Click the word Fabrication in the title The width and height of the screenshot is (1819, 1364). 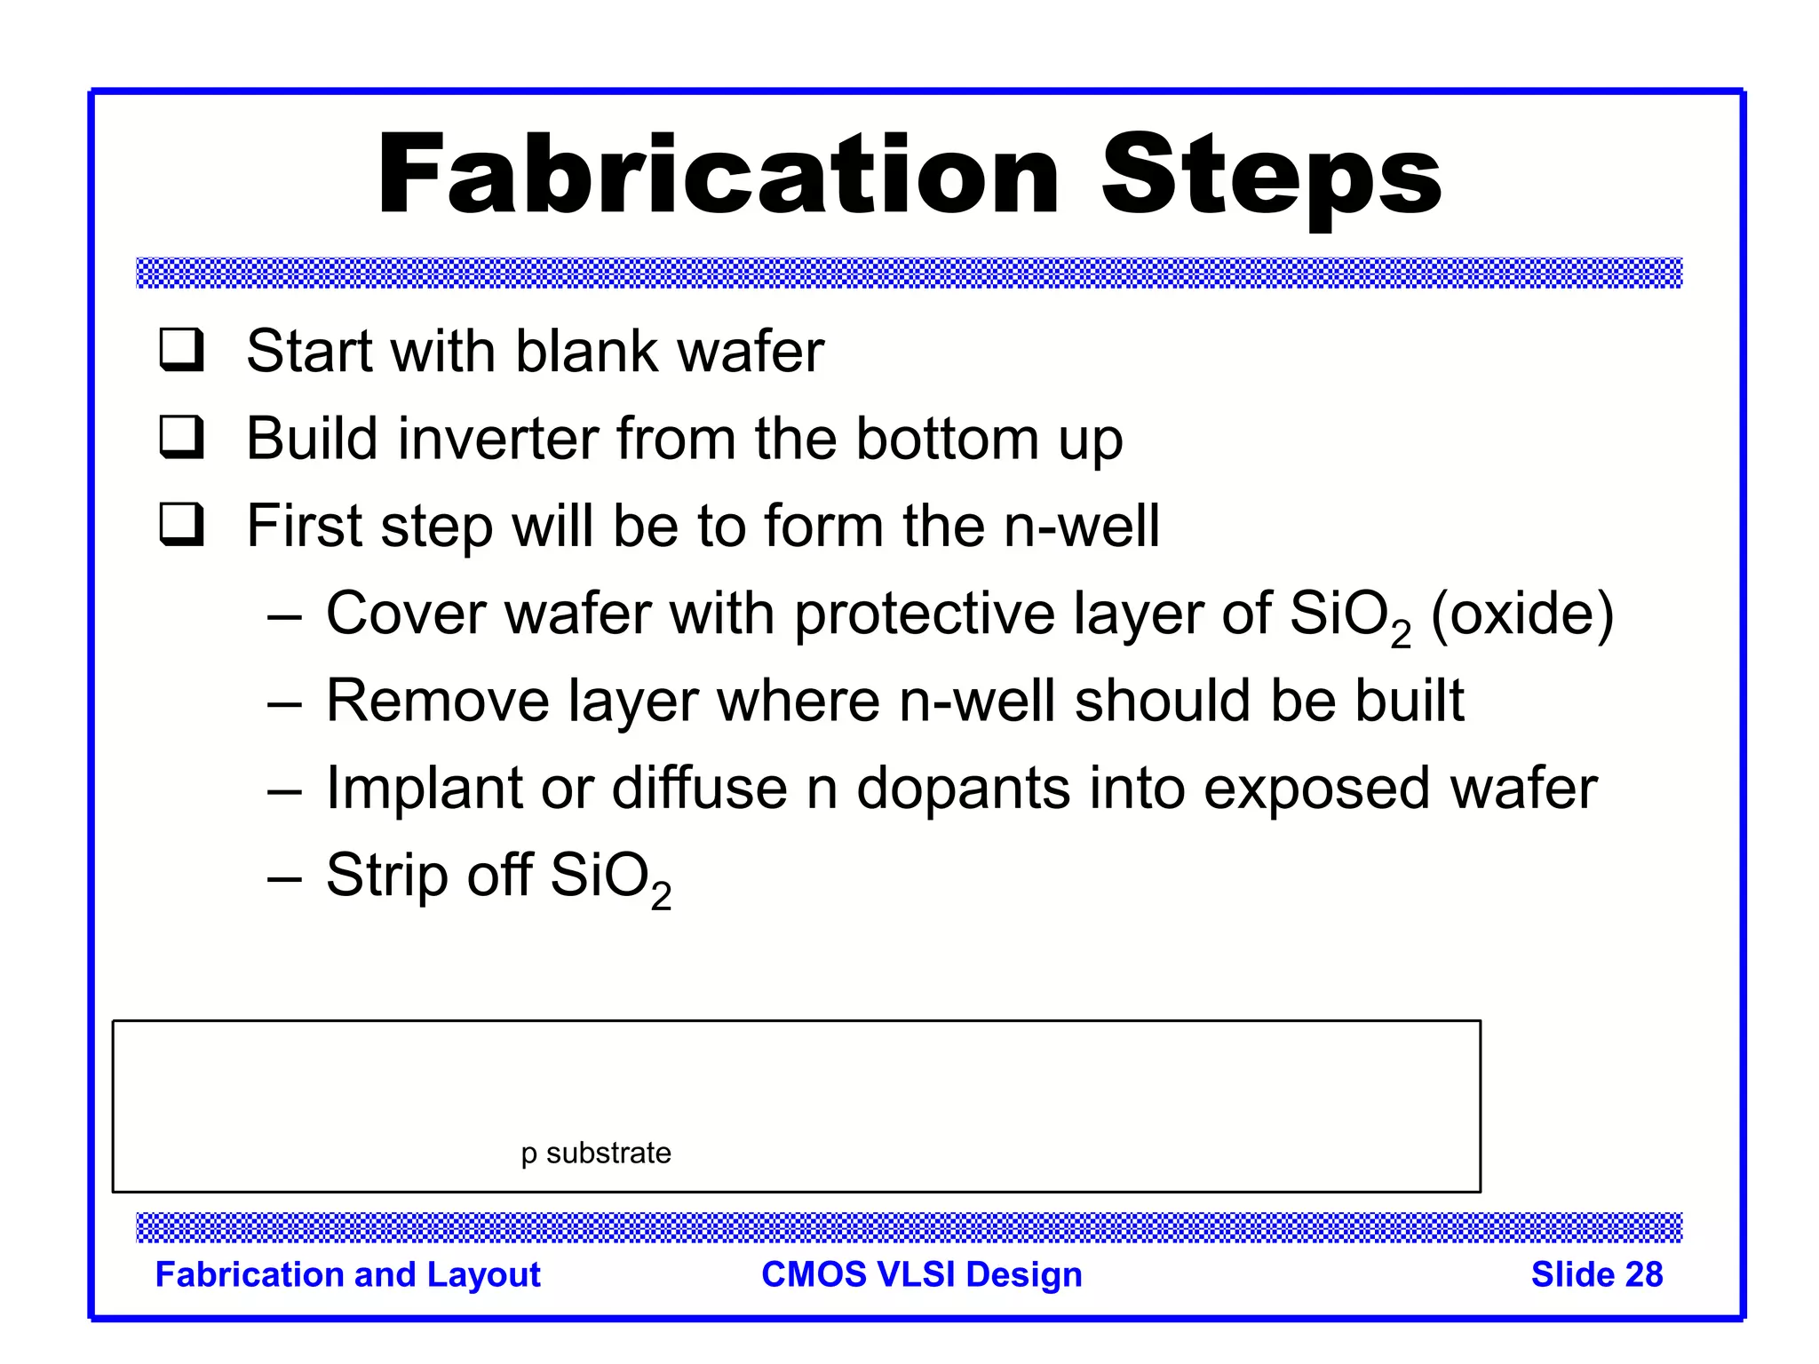[718, 174]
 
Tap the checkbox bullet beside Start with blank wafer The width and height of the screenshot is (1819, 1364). [181, 350]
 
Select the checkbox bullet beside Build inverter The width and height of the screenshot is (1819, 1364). [181, 437]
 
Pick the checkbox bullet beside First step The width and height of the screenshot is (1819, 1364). [181, 524]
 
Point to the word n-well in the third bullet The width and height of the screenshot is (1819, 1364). [1081, 526]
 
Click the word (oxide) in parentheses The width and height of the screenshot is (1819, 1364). [1521, 615]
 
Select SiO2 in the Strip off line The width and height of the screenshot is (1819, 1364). [609, 877]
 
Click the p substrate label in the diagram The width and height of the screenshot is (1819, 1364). [595, 1154]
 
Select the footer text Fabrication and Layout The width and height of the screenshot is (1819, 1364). [347, 1274]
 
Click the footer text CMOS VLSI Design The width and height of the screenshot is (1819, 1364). [921, 1274]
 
